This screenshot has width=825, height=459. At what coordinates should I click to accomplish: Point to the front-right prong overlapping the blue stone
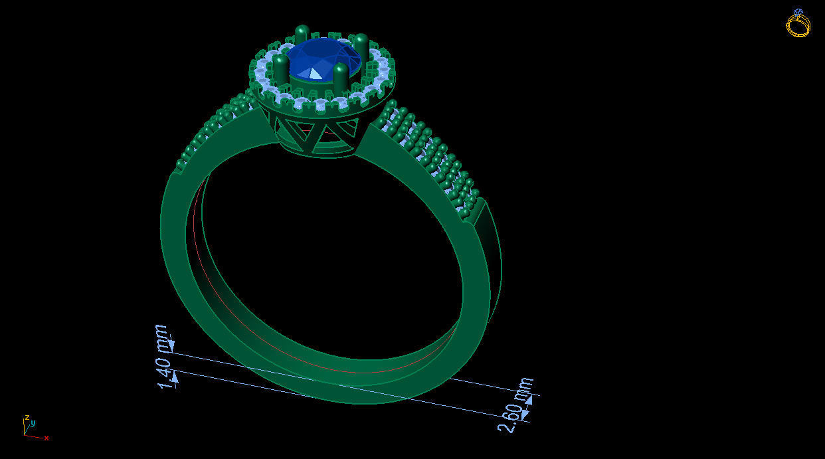coord(341,76)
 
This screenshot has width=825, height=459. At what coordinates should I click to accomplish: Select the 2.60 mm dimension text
coord(517,405)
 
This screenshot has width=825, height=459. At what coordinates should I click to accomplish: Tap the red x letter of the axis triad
coord(46,438)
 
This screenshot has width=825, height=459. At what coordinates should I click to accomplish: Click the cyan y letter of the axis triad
coord(33,422)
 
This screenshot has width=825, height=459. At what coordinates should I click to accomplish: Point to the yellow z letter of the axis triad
coord(27,418)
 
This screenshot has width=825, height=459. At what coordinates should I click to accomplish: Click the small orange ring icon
coord(798,25)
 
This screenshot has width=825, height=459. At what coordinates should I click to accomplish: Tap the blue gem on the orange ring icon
coord(798,12)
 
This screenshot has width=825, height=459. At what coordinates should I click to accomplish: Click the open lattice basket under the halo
coord(312,136)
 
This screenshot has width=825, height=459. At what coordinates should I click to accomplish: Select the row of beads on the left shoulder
coord(213,130)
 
